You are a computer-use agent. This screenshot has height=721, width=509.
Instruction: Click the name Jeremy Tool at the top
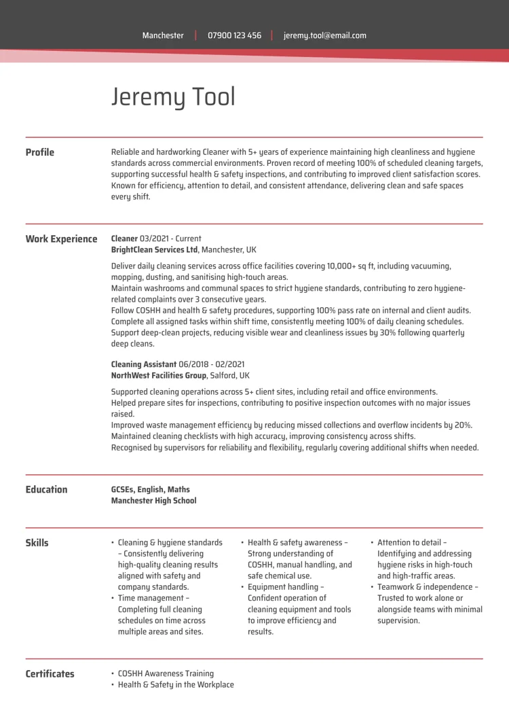click(173, 97)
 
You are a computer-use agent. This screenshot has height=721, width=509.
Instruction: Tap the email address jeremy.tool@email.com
click(324, 35)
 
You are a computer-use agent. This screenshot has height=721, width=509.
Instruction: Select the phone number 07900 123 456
click(234, 35)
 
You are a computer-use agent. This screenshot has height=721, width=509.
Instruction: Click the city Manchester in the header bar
click(163, 35)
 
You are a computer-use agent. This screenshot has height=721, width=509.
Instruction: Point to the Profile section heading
click(39, 152)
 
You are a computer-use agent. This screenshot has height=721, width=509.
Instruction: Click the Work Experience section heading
click(61, 239)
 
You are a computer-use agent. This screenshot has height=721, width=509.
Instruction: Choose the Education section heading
click(46, 489)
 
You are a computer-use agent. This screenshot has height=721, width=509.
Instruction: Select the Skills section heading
click(37, 543)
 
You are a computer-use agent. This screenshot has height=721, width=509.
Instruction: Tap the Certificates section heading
click(50, 673)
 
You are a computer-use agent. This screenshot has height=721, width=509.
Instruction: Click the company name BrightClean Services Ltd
click(155, 249)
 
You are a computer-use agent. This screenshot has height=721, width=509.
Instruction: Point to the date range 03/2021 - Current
click(170, 239)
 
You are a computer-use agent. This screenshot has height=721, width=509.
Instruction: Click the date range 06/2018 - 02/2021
click(211, 364)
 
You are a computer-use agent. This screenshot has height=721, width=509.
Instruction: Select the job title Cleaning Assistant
click(143, 364)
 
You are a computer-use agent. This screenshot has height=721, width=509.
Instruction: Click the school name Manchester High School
click(153, 501)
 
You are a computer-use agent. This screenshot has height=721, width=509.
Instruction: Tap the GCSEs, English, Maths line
click(150, 489)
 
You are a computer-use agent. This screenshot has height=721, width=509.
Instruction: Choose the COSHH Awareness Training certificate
click(166, 673)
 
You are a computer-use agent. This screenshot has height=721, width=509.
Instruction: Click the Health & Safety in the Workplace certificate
click(176, 684)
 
